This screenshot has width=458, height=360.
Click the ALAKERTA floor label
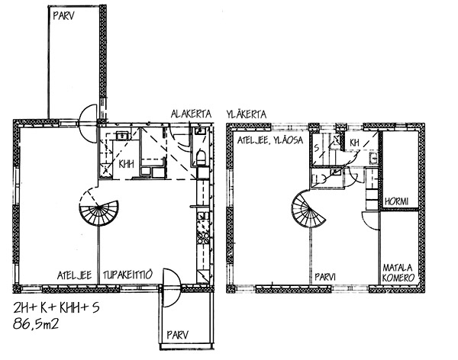click(191, 114)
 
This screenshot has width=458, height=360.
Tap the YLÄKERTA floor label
click(247, 114)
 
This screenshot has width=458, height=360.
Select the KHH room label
click(126, 164)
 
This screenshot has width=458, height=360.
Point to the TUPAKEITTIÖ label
click(127, 275)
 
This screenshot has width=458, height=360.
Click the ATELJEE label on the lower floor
click(74, 275)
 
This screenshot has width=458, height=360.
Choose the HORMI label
click(396, 201)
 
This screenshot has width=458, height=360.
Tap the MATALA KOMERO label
click(398, 273)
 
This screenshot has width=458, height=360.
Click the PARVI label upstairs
click(325, 277)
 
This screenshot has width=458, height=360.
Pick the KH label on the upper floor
click(354, 143)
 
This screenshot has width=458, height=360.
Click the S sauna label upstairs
click(317, 148)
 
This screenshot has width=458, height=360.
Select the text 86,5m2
click(36, 324)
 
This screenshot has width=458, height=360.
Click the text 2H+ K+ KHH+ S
click(56, 308)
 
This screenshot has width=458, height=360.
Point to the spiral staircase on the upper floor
click(308, 209)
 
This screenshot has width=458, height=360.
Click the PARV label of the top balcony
click(63, 16)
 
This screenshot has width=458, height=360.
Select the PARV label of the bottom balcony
click(177, 335)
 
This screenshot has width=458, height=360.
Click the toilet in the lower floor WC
click(201, 158)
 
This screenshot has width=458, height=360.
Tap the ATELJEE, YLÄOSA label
click(270, 140)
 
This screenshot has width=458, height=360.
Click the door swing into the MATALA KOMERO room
click(370, 221)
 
